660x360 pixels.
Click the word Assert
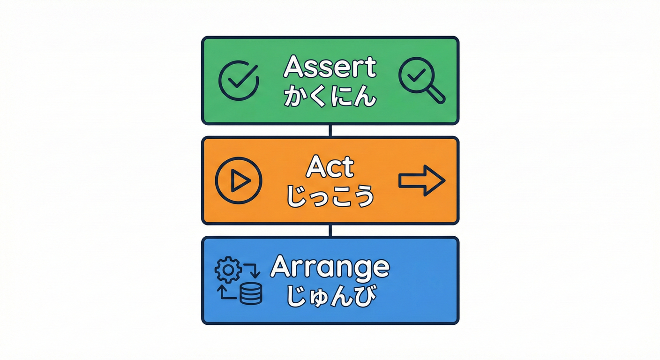pos(330,67)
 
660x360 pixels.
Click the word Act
pos(330,167)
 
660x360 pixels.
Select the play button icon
pos(238,180)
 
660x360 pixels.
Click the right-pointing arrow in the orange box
pos(421,180)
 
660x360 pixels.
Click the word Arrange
pos(330,267)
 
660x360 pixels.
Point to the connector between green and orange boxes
pos(330,130)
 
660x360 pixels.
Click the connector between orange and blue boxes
pos(330,231)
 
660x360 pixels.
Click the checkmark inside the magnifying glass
pos(416,74)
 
